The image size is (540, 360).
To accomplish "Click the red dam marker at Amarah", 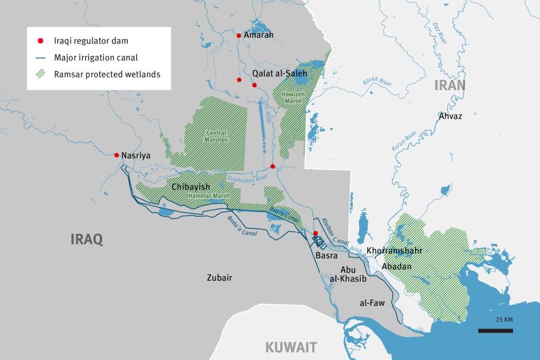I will (x=239, y=35).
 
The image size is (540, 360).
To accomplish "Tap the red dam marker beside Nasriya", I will (x=116, y=155).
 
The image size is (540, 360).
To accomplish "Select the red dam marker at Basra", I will (x=315, y=233).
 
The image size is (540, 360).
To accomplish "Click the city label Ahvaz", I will (x=450, y=116).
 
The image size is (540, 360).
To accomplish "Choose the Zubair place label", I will (x=219, y=278).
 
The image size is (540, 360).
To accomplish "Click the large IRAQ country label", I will (x=87, y=239).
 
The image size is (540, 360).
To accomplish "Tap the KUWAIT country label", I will (x=291, y=347).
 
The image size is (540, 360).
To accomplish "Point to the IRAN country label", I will (x=450, y=86).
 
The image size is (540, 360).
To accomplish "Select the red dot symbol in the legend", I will (x=41, y=41).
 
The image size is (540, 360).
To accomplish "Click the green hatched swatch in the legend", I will (x=41, y=74).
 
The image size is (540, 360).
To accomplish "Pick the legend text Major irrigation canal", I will (x=96, y=58).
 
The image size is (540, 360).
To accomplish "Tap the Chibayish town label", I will (x=191, y=187).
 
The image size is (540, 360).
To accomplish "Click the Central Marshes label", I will (x=216, y=136).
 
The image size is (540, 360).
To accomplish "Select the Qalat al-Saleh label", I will (x=280, y=74).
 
